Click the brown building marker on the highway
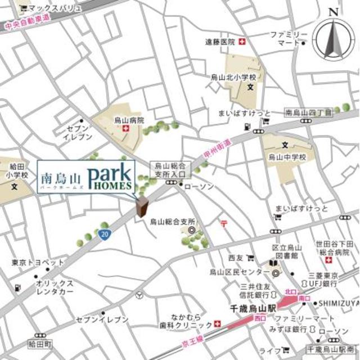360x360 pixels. coord(143,206)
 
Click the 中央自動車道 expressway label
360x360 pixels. coord(26,24)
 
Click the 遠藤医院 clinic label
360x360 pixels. coord(220,42)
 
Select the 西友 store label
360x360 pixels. coord(235,259)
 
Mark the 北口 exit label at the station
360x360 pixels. coord(290,292)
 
